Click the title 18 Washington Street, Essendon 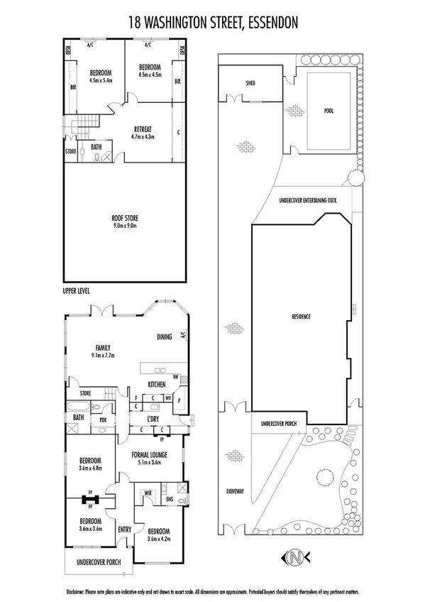coord(213,23)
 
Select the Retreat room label coord(143,129)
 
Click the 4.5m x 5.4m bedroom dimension coord(101,80)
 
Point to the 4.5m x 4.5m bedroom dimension coord(150,74)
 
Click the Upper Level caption coord(75,290)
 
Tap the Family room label coord(102,348)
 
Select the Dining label coord(165,338)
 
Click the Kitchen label coord(156,384)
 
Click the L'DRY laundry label coord(153,419)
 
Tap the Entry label coord(125,528)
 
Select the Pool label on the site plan coord(328,111)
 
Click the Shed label coord(250,83)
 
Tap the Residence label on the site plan coord(301,315)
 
